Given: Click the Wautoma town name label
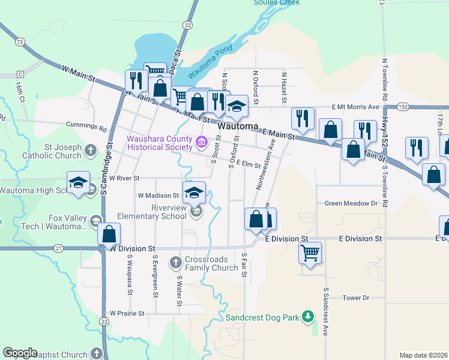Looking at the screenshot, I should tap(238, 127).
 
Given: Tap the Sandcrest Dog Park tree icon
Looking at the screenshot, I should tap(308, 316).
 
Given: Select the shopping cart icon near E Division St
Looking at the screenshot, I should tap(310, 253).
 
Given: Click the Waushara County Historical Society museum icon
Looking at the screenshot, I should tap(202, 143).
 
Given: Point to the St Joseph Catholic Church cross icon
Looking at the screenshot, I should tap(90, 149).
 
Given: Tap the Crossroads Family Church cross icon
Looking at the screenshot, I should tap(175, 262).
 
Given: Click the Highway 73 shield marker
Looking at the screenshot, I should tap(20, 42).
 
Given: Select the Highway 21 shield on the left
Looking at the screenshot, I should tap(58, 248).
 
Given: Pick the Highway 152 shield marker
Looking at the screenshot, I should tap(402, 106).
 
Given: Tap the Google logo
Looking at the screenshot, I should tap(20, 353).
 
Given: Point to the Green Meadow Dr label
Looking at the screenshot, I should tap(351, 203).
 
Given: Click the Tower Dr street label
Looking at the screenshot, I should tap(355, 298).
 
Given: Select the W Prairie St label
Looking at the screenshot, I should tap(127, 313).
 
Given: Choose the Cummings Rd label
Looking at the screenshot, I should tap(91, 127).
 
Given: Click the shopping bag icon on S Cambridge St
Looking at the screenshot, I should tap(109, 233).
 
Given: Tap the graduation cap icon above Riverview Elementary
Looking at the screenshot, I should tap(194, 193).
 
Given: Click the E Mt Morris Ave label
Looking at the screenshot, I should tap(356, 107).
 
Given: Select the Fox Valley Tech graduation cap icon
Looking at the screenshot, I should tap(94, 221).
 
